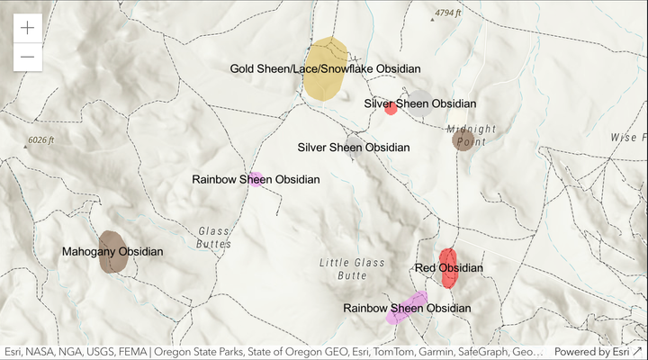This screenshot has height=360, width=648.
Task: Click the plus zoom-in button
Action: point(28,28)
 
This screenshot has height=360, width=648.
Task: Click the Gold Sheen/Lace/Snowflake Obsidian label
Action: point(325,68)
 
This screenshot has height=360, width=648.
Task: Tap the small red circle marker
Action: point(391,109)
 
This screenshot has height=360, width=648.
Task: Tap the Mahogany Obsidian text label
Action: point(112,252)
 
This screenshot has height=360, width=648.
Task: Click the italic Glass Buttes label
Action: point(214,238)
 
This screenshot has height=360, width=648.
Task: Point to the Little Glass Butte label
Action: point(352,269)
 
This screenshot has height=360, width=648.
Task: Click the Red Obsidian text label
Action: point(448,268)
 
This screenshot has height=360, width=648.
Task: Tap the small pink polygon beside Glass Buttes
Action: point(256,179)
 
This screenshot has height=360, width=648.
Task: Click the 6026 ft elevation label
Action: point(40,140)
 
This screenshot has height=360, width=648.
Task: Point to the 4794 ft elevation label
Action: point(446,13)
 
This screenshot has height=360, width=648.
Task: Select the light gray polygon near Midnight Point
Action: point(420,97)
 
